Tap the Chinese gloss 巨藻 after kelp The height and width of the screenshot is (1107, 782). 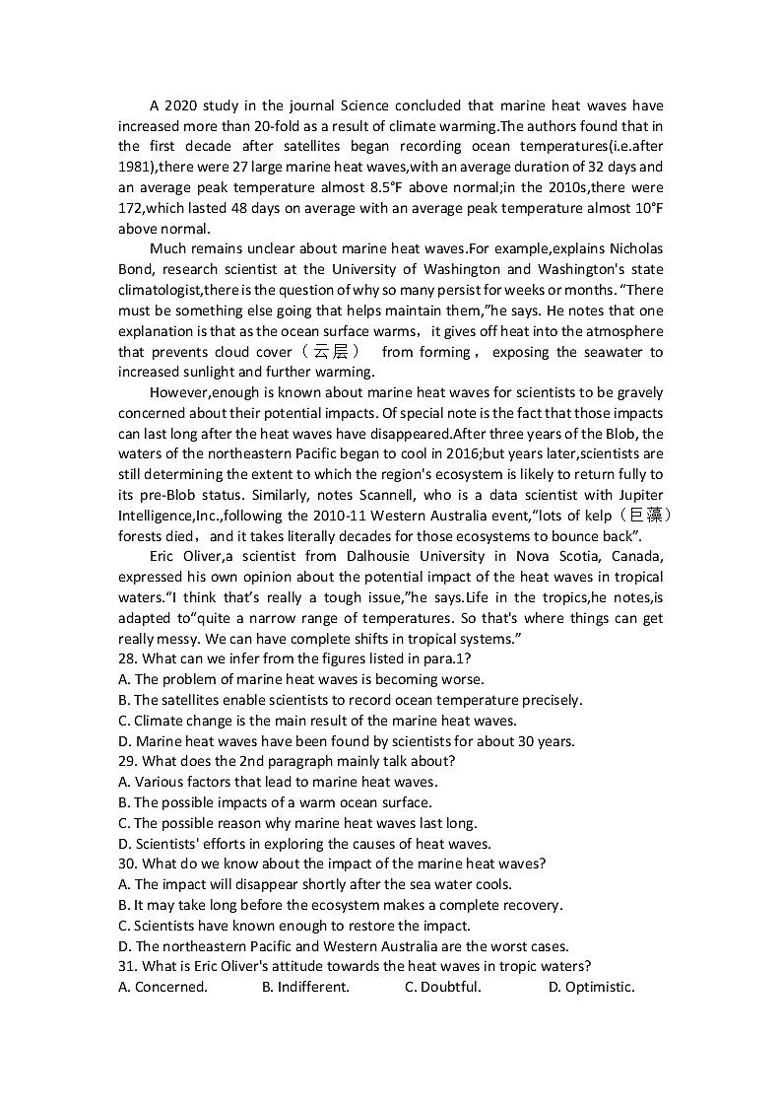[x=646, y=516]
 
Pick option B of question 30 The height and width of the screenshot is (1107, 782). [x=341, y=905]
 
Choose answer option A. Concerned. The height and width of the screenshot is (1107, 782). [x=163, y=987]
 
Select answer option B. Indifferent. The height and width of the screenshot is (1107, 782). [x=305, y=987]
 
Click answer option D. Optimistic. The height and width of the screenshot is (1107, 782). [x=591, y=987]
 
